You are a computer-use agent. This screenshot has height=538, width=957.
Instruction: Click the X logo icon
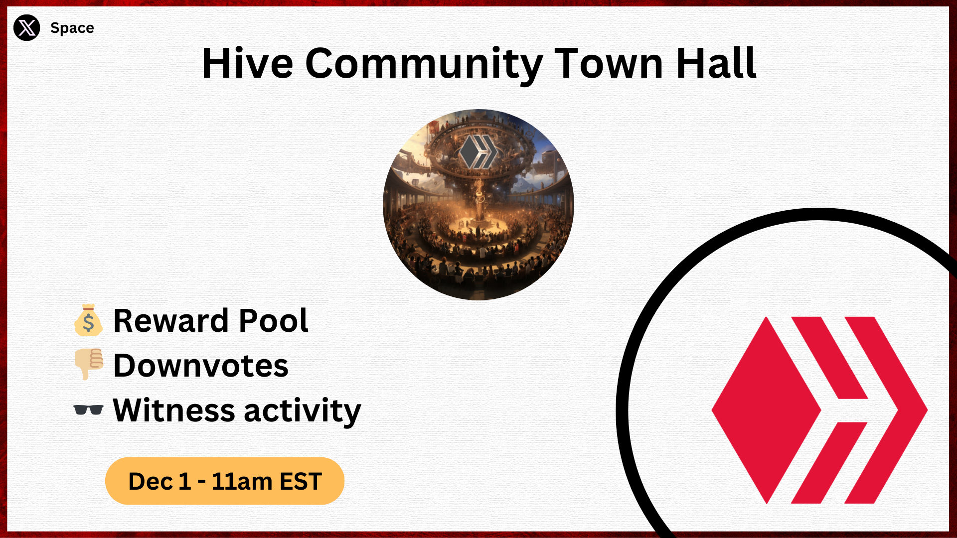pyautogui.click(x=26, y=27)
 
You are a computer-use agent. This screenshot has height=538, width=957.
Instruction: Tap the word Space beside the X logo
pyautogui.click(x=72, y=28)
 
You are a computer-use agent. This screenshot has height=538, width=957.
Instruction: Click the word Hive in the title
pyautogui.click(x=248, y=63)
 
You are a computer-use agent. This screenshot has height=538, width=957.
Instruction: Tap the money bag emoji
pyautogui.click(x=88, y=320)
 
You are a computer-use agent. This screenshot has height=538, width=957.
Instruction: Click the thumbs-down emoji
pyautogui.click(x=89, y=364)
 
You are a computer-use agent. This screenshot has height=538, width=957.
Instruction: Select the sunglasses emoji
pyautogui.click(x=88, y=409)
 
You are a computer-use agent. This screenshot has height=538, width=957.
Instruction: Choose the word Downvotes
pyautogui.click(x=201, y=365)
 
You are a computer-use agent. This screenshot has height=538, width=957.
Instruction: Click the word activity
pyautogui.click(x=303, y=411)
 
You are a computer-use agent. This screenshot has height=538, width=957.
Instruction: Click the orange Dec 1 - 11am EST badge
pyautogui.click(x=225, y=481)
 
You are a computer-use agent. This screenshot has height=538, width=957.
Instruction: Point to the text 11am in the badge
pyautogui.click(x=242, y=482)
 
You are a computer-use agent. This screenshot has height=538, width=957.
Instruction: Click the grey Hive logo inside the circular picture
pyautogui.click(x=478, y=151)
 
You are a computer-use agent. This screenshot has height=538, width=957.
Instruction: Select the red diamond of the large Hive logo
pyautogui.click(x=766, y=410)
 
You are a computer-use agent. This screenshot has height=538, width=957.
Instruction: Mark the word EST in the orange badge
pyautogui.click(x=301, y=482)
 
